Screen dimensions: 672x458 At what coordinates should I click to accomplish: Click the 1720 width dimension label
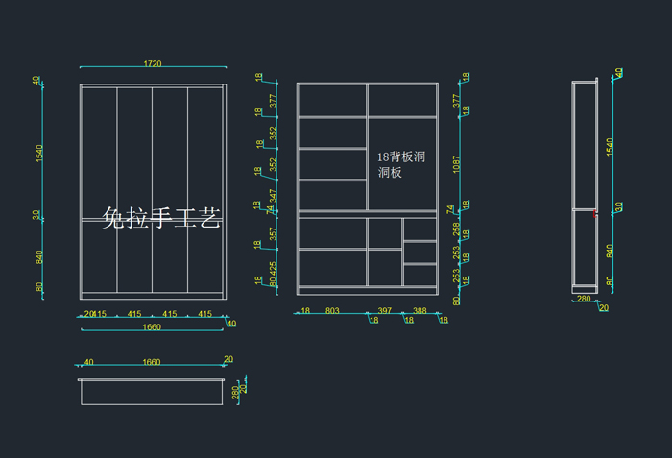pyautogui.click(x=153, y=64)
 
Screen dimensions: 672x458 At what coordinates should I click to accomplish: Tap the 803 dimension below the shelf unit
pyautogui.click(x=332, y=311)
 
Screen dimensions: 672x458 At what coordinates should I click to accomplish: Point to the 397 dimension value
pyautogui.click(x=385, y=311)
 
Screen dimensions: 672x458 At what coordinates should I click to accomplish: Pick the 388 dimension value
pyautogui.click(x=420, y=311)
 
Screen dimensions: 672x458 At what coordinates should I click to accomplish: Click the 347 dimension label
pyautogui.click(x=273, y=198)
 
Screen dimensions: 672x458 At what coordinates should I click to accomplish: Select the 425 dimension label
pyautogui.click(x=273, y=270)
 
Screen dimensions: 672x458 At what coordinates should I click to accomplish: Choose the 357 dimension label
pyautogui.click(x=273, y=233)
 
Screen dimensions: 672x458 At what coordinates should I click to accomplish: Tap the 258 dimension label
pyautogui.click(x=456, y=232)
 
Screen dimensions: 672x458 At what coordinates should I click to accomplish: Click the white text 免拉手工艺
pyautogui.click(x=162, y=220)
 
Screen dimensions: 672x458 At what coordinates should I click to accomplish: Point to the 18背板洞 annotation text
pyautogui.click(x=401, y=156)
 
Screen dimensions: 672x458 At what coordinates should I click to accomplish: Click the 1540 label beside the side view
pyautogui.click(x=610, y=147)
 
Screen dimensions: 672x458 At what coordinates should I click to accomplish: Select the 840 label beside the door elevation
pyautogui.click(x=39, y=257)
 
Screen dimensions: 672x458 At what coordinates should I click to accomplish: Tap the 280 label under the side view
pyautogui.click(x=583, y=300)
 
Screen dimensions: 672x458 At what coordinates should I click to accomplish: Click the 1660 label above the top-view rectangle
pyautogui.click(x=151, y=363)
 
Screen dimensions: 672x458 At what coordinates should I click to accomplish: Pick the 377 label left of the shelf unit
pyautogui.click(x=273, y=100)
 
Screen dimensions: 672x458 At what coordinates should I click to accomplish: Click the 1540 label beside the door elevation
pyautogui.click(x=39, y=154)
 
